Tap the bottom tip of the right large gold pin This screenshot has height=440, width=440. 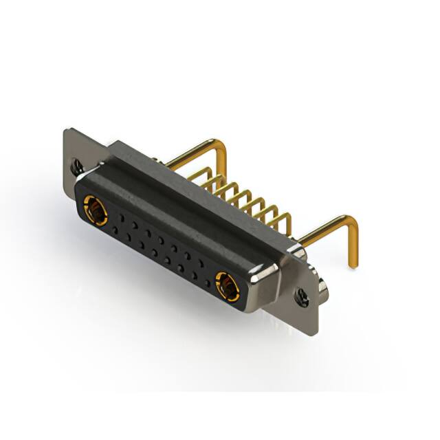(x=355, y=265)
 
